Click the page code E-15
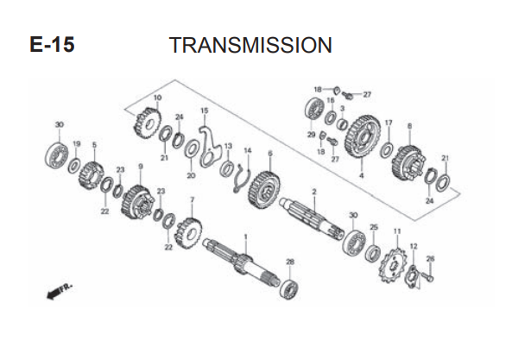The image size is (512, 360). coord(52,44)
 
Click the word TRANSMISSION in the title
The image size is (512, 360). coord(250,45)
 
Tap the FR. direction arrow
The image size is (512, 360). coord(59,291)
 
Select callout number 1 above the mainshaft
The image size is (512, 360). coord(246,236)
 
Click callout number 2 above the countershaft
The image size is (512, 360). coord(314,192)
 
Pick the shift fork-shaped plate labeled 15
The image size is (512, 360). coord(209,146)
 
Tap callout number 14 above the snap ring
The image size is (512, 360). coord(248,150)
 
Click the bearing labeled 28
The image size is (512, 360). coord(289,289)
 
